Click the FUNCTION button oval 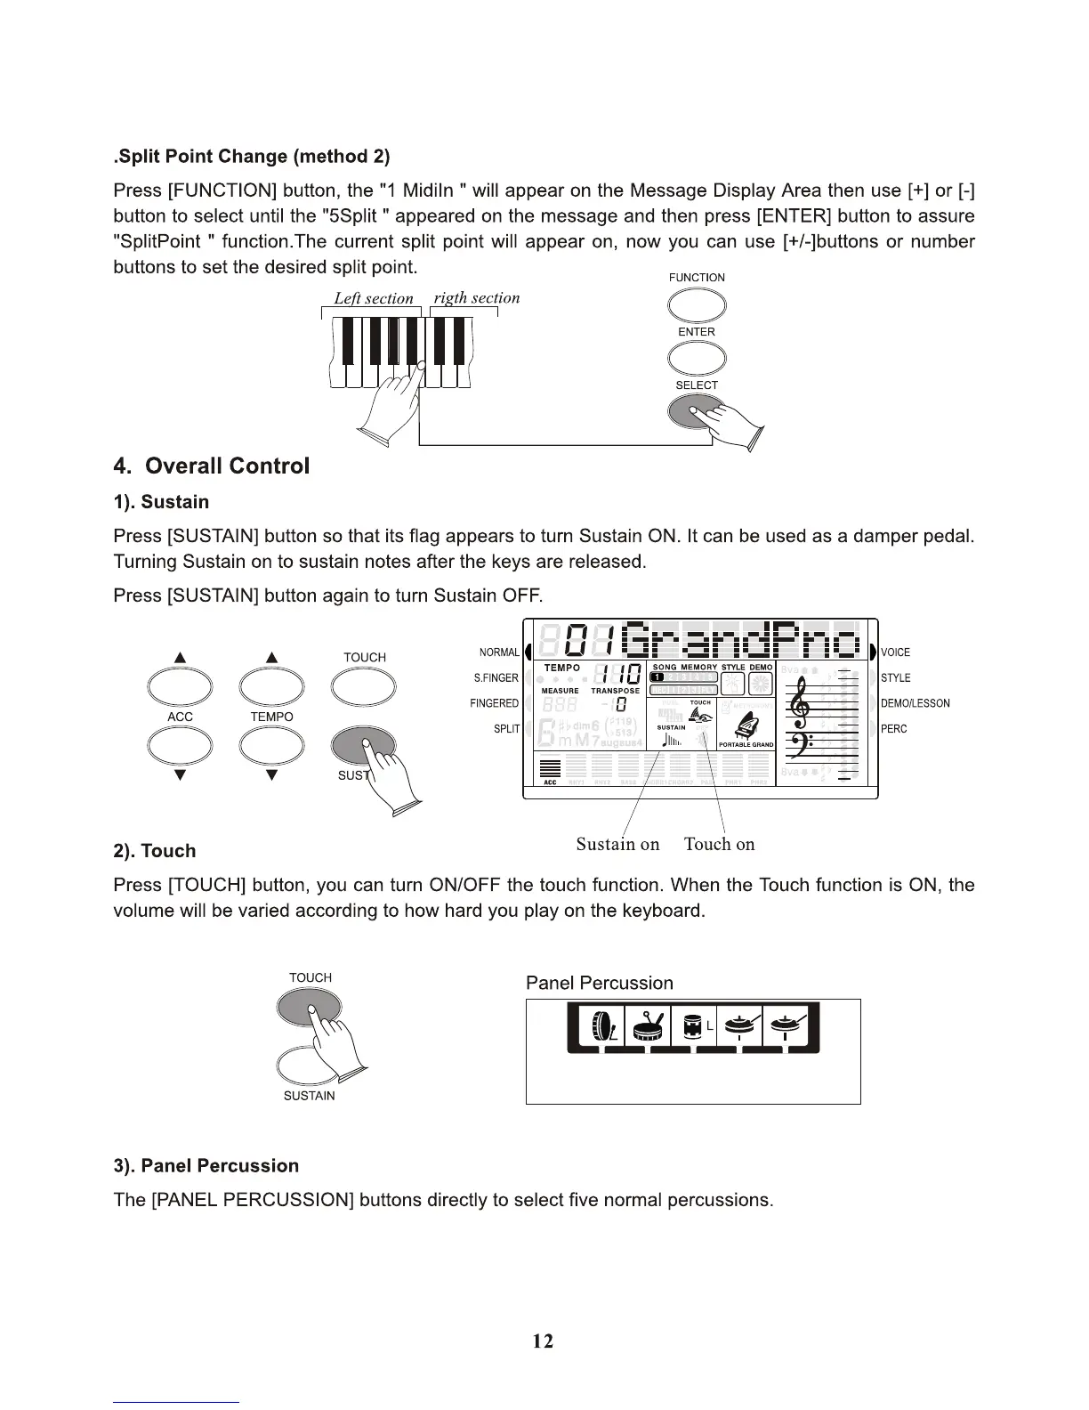pos(697,305)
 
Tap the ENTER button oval pos(697,359)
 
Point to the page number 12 pos(543,1341)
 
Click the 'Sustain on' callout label pos(617,844)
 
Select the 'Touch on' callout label pos(719,844)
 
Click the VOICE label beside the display pos(895,652)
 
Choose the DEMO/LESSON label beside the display pos(916,703)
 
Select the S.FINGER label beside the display pos(496,678)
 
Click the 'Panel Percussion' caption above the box pos(599,983)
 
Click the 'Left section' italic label pos(374,298)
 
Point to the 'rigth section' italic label pos(476,297)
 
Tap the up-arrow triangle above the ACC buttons pos(180,658)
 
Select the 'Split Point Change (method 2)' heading pos(253,157)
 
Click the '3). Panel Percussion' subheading pos(206,1166)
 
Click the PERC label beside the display pos(893,729)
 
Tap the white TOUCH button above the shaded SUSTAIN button pos(364,686)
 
